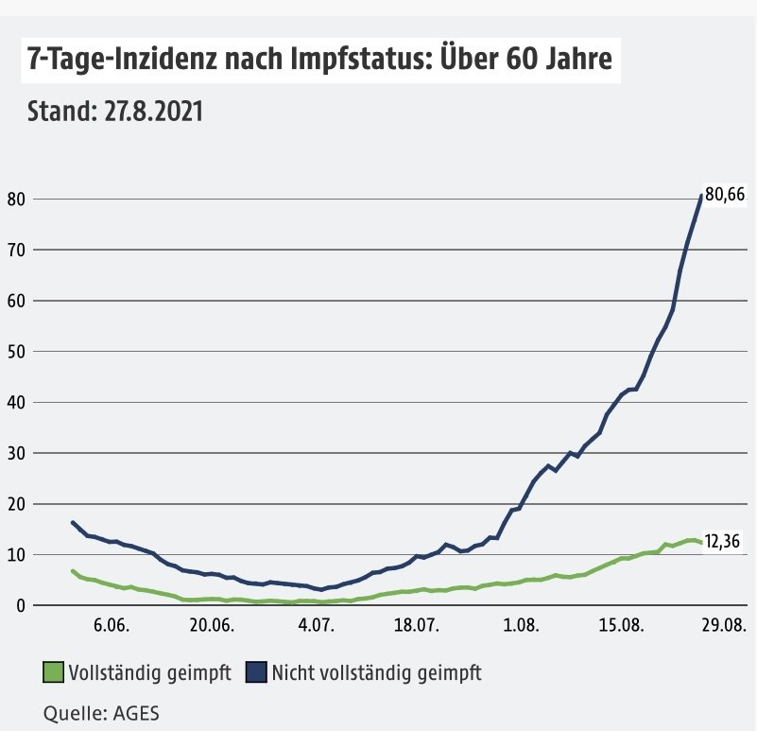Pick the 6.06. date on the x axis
tap(111, 625)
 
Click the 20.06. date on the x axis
tap(213, 625)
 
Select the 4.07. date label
tap(317, 625)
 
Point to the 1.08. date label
tap(521, 625)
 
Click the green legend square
tap(53, 672)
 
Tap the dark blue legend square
tap(255, 672)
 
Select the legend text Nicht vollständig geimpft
tap(376, 672)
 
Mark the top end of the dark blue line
tap(700, 196)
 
